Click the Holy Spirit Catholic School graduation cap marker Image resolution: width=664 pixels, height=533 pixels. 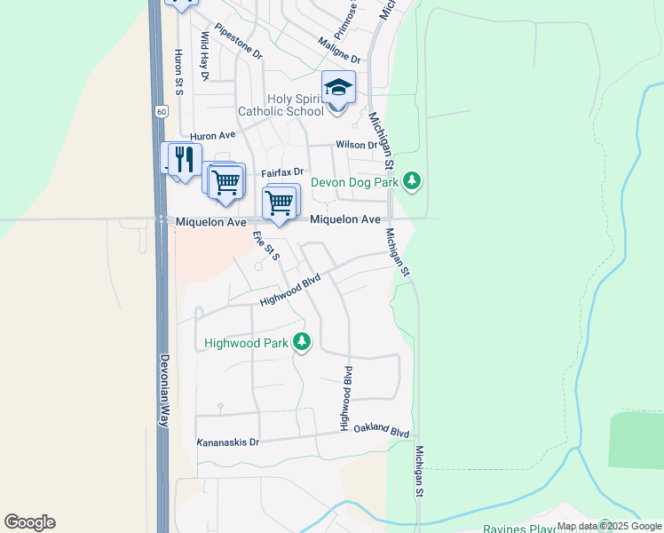coord(338,88)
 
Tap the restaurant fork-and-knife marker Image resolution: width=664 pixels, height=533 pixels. coord(184,159)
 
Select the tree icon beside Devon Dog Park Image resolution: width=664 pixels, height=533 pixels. coord(411,181)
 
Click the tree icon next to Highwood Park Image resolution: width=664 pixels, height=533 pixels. coord(302,342)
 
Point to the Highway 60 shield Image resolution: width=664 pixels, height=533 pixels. coord(160,112)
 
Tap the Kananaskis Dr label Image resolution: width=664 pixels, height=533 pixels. coord(228,442)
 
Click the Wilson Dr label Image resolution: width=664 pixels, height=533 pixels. coord(356,145)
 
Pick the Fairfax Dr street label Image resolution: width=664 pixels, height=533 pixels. coord(282,172)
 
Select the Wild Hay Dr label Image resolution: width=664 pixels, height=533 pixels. coord(203,56)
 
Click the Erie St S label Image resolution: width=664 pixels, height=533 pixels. coord(266,245)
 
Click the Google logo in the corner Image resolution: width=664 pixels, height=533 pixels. coord(29,522)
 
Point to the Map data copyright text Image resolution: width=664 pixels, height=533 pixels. coord(609,526)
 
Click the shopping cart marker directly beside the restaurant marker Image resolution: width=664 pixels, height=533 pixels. coord(226,180)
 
